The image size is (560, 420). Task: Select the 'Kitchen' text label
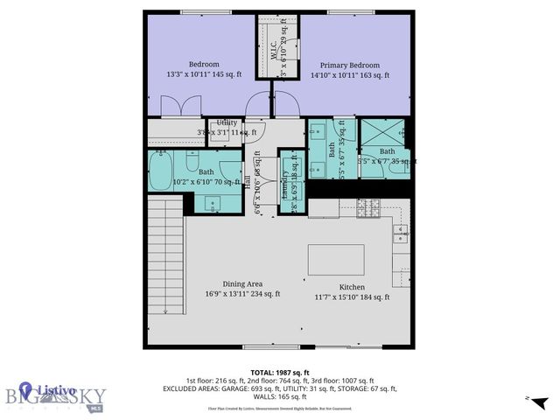[x=352, y=287]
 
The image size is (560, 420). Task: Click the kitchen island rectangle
[x=336, y=260]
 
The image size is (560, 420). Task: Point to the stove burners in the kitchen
[x=368, y=207]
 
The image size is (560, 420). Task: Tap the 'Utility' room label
[x=215, y=122]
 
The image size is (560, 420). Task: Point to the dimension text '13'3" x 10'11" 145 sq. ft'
[x=203, y=76]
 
